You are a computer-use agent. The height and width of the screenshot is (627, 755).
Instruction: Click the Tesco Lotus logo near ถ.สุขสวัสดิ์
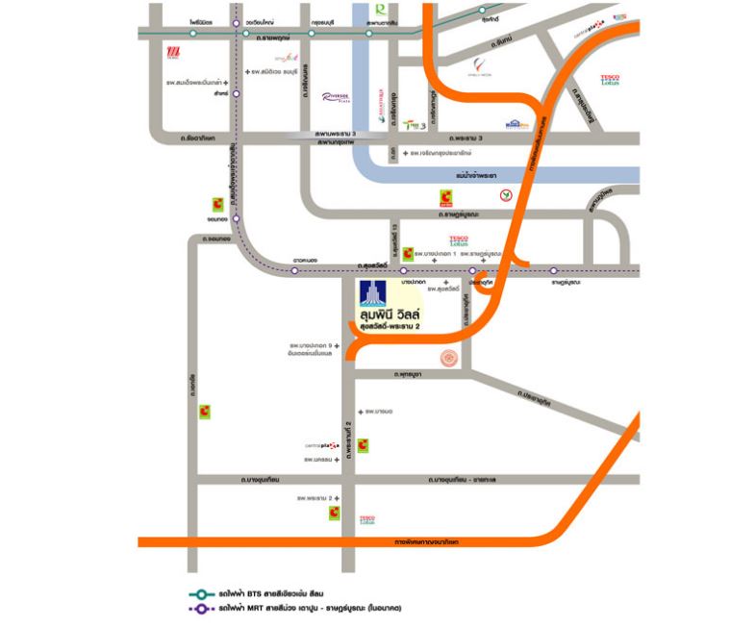[x=460, y=240]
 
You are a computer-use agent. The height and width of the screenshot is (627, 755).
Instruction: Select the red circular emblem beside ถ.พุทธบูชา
[x=448, y=358]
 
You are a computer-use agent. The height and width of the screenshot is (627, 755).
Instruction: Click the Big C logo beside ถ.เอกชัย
[x=205, y=412]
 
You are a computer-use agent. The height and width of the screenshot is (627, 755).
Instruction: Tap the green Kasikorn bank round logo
[x=504, y=195]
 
